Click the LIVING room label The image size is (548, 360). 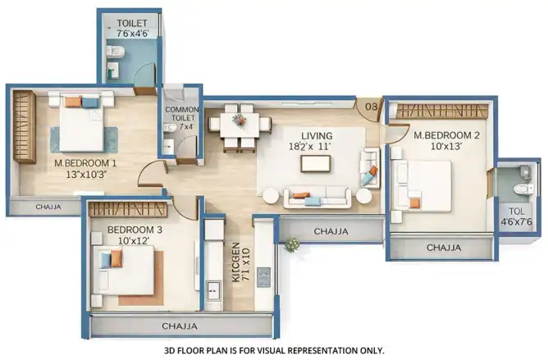317,135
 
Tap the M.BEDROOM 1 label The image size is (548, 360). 85,163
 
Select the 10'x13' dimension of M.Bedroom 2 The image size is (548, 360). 446,147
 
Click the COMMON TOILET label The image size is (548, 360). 182,114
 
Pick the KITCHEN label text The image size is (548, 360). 236,262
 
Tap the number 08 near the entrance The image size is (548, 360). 371,107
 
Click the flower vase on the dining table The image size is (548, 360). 239,121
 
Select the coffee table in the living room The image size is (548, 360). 315,164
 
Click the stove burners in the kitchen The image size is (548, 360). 264,277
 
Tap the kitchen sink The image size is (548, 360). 212,290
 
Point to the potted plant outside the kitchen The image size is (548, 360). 291,245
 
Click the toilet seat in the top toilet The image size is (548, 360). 116,51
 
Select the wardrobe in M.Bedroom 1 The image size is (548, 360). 25,126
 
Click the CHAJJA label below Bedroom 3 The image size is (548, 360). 180,326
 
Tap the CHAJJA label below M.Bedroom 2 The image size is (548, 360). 444,248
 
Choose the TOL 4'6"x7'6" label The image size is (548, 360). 517,216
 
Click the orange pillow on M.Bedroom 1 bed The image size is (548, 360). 73,102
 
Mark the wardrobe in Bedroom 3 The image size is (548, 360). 126,209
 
